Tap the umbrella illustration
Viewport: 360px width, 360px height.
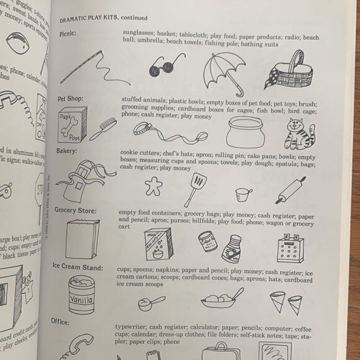pos(223,69)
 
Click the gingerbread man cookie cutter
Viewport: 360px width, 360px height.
pos(152,186)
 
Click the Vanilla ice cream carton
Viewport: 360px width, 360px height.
pos(81,294)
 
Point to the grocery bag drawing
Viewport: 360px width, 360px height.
pos(82,238)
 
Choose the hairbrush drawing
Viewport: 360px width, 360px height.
pos(102,128)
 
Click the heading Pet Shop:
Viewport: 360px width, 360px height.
pos(70,99)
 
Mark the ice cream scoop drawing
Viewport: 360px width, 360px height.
pos(151,303)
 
